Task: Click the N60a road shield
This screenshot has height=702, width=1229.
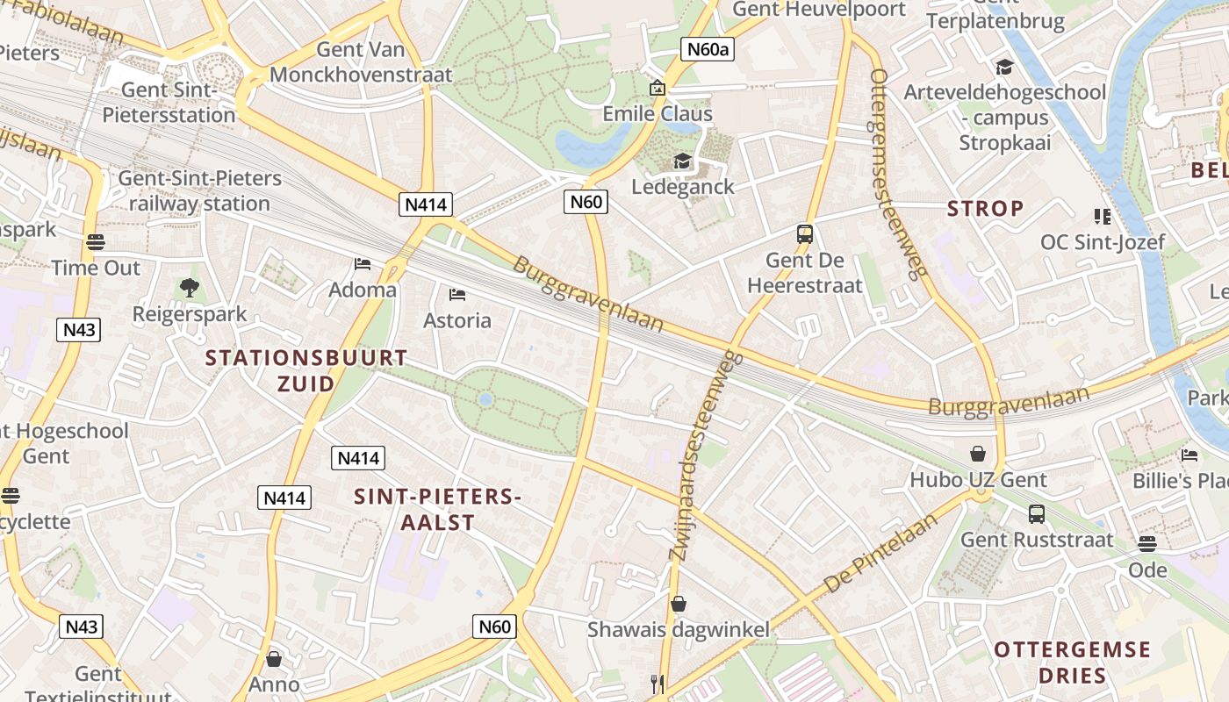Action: (707, 49)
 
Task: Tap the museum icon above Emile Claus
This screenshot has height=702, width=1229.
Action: (657, 89)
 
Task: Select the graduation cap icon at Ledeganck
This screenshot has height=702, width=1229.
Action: (682, 161)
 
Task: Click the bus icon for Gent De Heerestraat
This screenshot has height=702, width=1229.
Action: (805, 234)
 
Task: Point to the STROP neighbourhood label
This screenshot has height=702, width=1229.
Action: (986, 209)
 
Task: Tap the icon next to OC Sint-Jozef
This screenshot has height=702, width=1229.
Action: (1102, 217)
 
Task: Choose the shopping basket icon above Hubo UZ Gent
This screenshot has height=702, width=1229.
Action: (978, 454)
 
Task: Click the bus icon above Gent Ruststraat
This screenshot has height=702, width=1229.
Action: (1037, 514)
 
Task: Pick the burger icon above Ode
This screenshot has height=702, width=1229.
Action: (1147, 544)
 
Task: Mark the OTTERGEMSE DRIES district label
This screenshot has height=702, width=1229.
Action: (1072, 663)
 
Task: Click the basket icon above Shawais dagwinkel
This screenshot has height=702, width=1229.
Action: (678, 604)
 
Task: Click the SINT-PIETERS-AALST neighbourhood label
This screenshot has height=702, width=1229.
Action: (437, 509)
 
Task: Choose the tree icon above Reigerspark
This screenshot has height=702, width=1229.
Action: (189, 287)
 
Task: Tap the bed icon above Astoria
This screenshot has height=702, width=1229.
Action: (456, 294)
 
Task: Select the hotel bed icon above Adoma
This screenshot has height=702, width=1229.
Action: (362, 263)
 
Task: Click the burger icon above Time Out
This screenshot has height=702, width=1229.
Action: (96, 242)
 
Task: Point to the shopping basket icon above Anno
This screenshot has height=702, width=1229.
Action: (274, 658)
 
